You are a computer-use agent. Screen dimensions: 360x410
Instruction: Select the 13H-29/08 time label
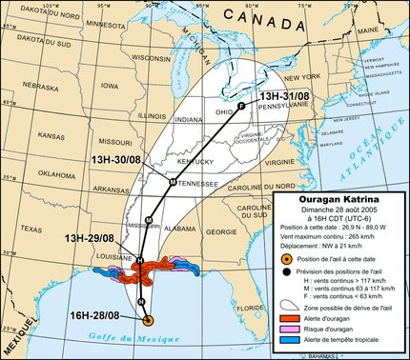[x=89, y=237]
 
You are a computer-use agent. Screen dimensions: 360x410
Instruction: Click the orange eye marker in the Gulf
[x=148, y=320]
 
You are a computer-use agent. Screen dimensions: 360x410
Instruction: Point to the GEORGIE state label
[x=221, y=231]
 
